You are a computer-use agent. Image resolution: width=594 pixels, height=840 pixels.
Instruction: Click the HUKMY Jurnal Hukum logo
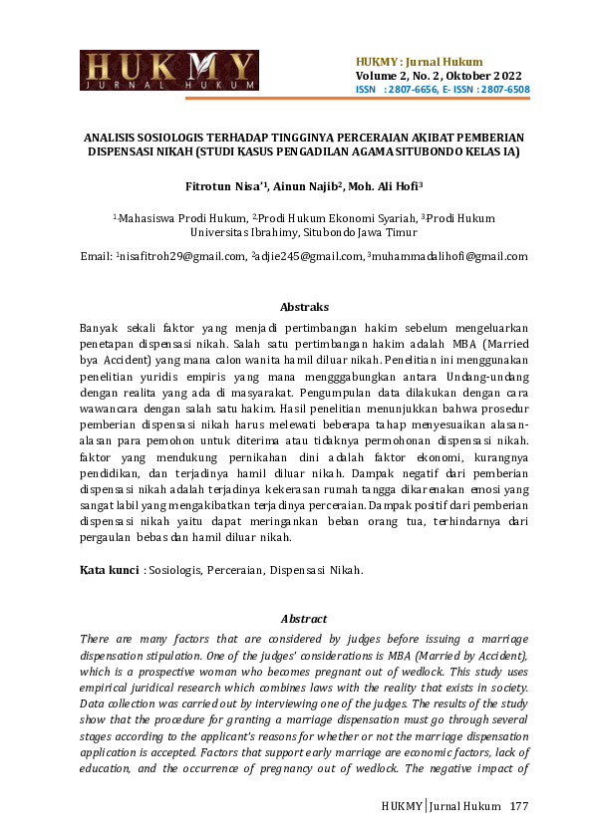click(x=168, y=70)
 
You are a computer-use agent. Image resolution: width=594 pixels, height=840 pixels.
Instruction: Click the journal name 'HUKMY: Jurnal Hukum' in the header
click(x=419, y=62)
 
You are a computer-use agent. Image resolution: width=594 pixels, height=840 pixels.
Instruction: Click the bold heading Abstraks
click(x=304, y=307)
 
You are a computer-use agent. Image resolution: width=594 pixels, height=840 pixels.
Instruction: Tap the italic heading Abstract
click(x=304, y=618)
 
